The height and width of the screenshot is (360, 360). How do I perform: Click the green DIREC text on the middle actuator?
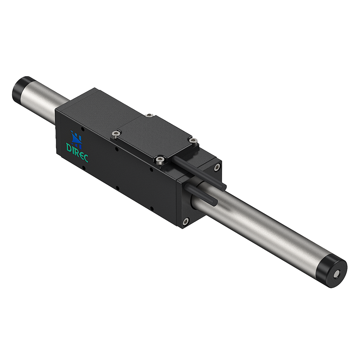pyautogui.click(x=77, y=148)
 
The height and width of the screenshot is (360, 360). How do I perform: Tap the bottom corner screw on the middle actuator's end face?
pyautogui.click(x=185, y=221)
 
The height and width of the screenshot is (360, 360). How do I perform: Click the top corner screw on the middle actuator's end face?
pyautogui.click(x=217, y=167)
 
